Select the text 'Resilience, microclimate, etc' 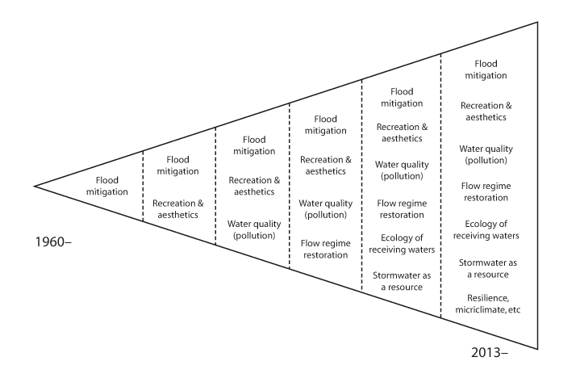click(490, 303)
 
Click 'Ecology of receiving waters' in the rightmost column click(490, 229)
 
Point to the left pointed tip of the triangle click(35, 186)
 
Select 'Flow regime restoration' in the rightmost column click(490, 191)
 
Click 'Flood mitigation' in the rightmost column click(490, 69)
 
